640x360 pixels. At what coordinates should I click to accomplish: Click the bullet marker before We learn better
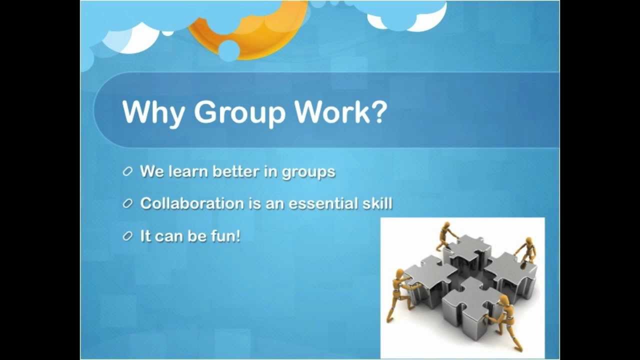point(127,172)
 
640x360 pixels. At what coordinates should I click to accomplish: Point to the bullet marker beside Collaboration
point(127,204)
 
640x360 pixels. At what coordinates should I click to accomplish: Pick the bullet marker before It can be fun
point(127,236)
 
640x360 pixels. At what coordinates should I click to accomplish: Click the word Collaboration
point(191,203)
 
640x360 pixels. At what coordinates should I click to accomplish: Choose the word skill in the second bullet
point(376,203)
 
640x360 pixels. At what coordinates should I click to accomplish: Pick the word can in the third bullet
point(169,236)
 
